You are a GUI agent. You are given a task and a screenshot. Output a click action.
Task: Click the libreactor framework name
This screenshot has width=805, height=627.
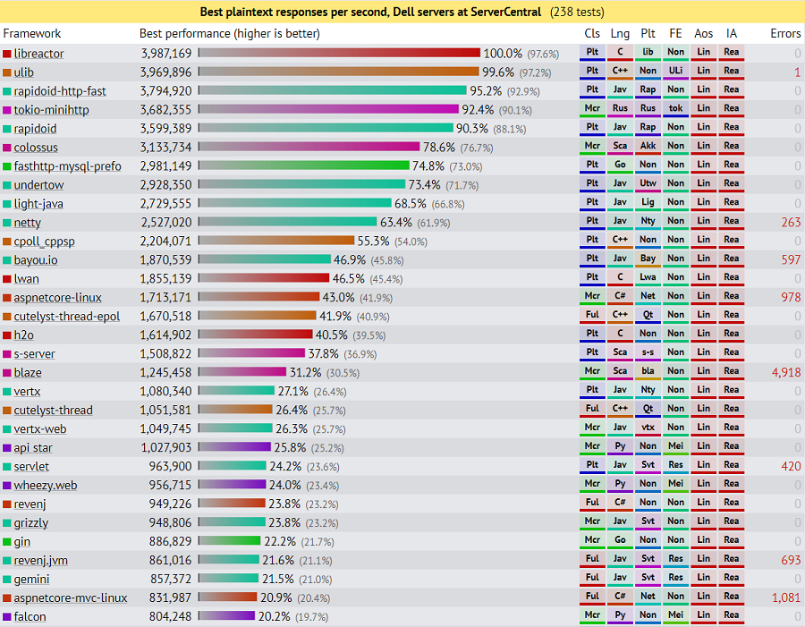pyautogui.click(x=38, y=54)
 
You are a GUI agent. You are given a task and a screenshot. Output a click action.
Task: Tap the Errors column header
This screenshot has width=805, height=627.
pyautogui.click(x=785, y=33)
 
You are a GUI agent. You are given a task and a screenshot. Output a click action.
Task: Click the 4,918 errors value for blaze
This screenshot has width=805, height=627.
pyautogui.click(x=785, y=372)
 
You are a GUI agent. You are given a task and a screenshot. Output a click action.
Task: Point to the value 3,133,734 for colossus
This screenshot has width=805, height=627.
pyautogui.click(x=165, y=148)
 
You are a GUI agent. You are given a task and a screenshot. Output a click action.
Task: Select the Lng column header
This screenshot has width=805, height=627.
pyautogui.click(x=620, y=33)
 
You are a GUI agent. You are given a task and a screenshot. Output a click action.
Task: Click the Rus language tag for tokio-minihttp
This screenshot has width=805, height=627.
pyautogui.click(x=620, y=110)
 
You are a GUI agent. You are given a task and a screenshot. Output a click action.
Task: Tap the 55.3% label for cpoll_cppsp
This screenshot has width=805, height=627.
pyautogui.click(x=373, y=241)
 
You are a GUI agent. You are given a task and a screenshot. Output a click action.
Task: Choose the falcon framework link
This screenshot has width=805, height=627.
pyautogui.click(x=30, y=616)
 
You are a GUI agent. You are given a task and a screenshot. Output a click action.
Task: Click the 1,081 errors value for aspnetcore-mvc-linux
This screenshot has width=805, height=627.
pyautogui.click(x=785, y=597)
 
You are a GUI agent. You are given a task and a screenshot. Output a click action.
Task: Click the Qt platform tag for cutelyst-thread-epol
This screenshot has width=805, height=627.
pyautogui.click(x=648, y=316)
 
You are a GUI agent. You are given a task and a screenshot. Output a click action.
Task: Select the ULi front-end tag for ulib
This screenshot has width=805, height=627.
pyautogui.click(x=676, y=72)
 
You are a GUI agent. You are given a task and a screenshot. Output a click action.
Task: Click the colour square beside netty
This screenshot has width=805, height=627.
pyautogui.click(x=7, y=223)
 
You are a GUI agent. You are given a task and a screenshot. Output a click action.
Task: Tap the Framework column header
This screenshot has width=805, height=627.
pyautogui.click(x=32, y=33)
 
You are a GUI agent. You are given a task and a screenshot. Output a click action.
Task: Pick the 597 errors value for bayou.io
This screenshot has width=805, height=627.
pyautogui.click(x=790, y=260)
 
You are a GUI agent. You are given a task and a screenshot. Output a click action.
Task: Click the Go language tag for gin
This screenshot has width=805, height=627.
pyautogui.click(x=620, y=541)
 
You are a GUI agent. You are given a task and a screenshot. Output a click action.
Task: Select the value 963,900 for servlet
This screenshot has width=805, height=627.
pyautogui.click(x=170, y=466)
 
